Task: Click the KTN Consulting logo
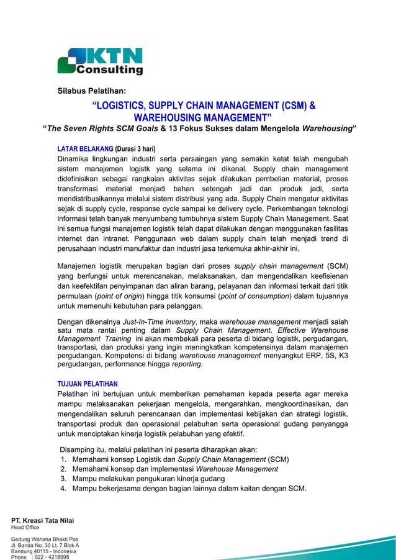pyautogui.click(x=100, y=61)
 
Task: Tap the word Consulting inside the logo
pyautogui.click(x=109, y=70)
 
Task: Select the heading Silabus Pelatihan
pyautogui.click(x=91, y=91)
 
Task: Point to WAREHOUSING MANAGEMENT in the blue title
pyautogui.click(x=202, y=117)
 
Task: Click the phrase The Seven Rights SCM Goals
pyautogui.click(x=102, y=129)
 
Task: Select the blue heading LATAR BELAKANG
pyautogui.click(x=85, y=149)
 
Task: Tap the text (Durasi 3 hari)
pyautogui.click(x=135, y=149)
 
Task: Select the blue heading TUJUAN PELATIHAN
pyautogui.click(x=88, y=384)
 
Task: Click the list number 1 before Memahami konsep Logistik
pyautogui.click(x=63, y=459)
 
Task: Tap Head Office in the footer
pyautogui.click(x=25, y=527)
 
